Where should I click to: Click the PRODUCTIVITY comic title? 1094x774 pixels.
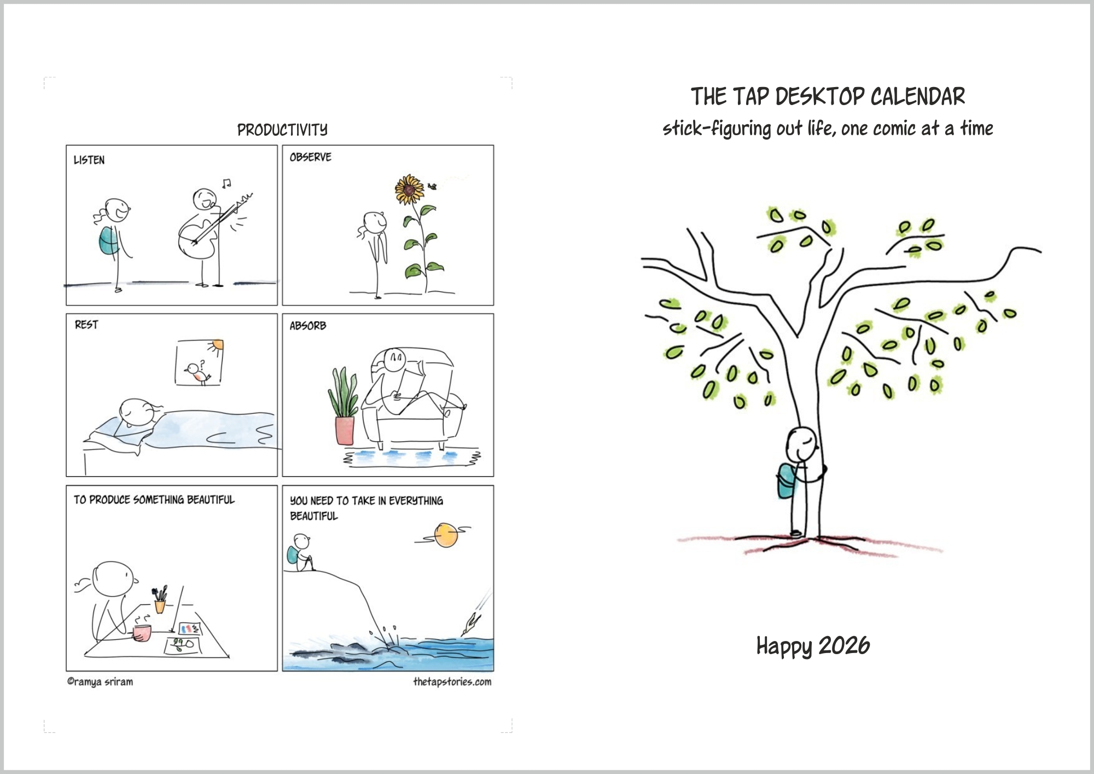point(282,130)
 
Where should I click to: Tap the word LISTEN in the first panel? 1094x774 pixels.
point(89,160)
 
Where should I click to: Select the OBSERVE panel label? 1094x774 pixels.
point(311,157)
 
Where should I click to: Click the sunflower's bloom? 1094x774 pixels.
point(409,189)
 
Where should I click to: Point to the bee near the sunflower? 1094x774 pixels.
point(433,187)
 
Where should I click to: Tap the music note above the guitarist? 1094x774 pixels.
point(226,183)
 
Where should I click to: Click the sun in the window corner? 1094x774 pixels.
point(217,345)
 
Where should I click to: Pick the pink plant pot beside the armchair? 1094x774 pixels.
point(345,430)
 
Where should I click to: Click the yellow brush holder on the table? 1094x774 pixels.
point(160,606)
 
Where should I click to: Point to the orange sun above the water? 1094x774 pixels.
point(446,535)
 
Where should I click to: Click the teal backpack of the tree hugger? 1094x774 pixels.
point(785,481)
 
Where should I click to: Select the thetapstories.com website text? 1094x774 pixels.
point(452,681)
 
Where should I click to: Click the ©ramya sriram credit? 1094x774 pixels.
point(100,682)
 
